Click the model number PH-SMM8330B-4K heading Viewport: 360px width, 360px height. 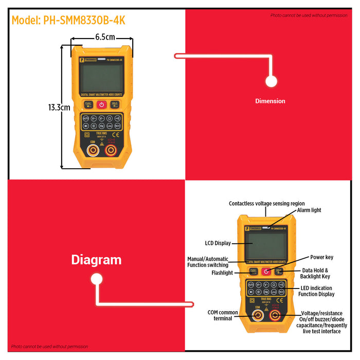68,20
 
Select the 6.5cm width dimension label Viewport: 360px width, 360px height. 105,37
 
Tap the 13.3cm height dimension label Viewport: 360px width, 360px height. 59,107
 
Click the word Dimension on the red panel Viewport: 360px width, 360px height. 270,101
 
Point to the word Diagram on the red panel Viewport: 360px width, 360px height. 96,260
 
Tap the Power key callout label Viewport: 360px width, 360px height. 321,257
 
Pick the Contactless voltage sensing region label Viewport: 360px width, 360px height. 266,204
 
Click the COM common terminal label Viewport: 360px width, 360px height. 223,315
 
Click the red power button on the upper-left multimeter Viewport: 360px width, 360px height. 101,104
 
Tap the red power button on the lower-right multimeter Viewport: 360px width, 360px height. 266,271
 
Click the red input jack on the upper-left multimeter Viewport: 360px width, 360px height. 111,150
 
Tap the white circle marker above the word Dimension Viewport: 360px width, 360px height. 271,81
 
